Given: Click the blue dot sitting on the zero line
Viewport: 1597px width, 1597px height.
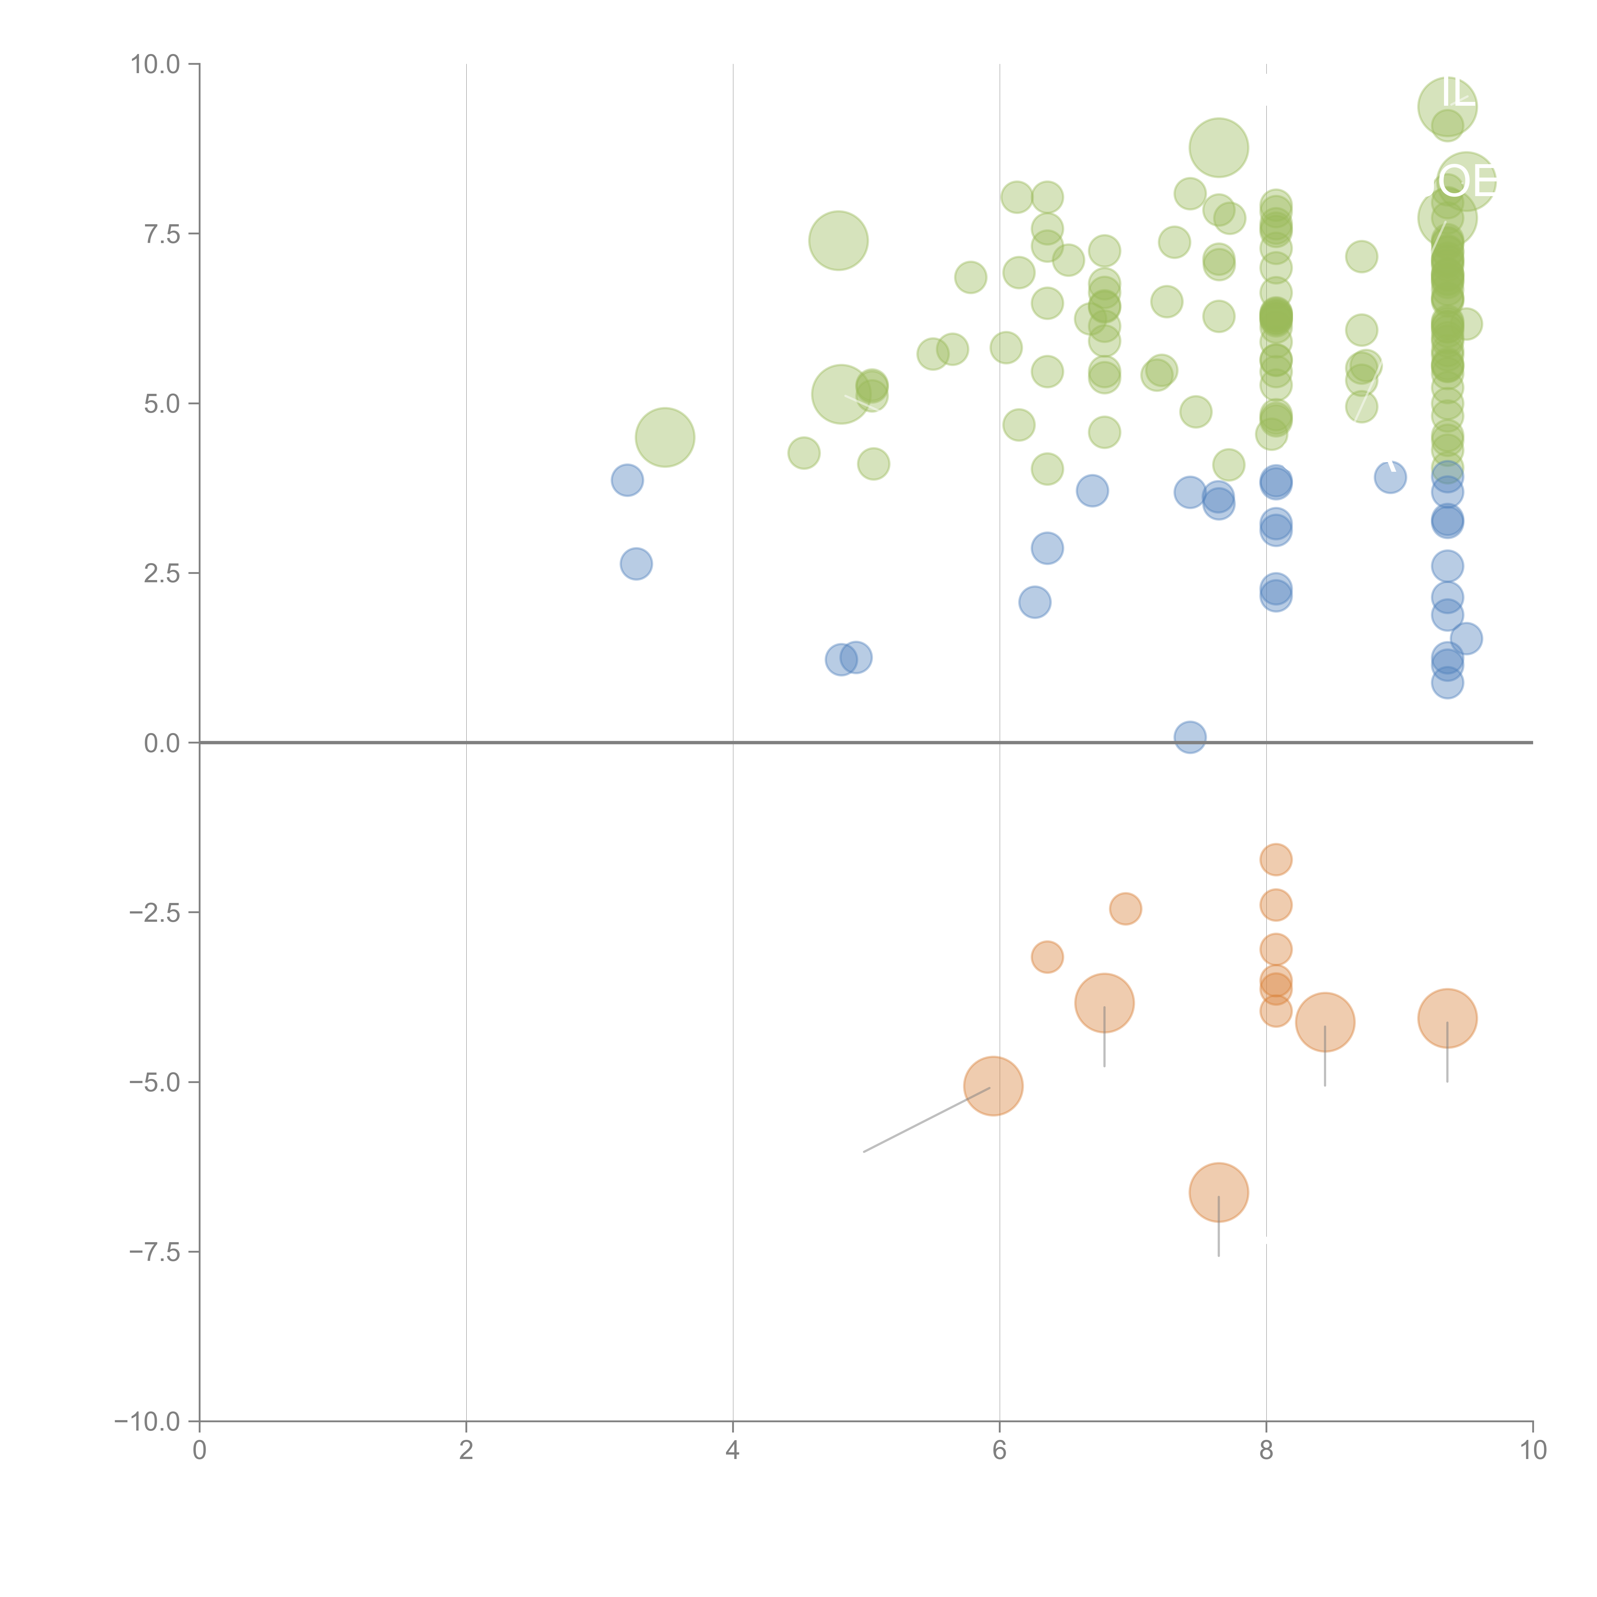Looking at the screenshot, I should pyautogui.click(x=1189, y=737).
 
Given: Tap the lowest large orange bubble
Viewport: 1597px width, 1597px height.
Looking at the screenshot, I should pyautogui.click(x=1219, y=1192).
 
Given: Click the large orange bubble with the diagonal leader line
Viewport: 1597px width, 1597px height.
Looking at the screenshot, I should pyautogui.click(x=994, y=1086).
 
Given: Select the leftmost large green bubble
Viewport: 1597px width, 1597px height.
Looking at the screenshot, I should pyautogui.click(x=665, y=437).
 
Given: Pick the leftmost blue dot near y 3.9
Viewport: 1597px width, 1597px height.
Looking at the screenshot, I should pyautogui.click(x=627, y=479).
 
